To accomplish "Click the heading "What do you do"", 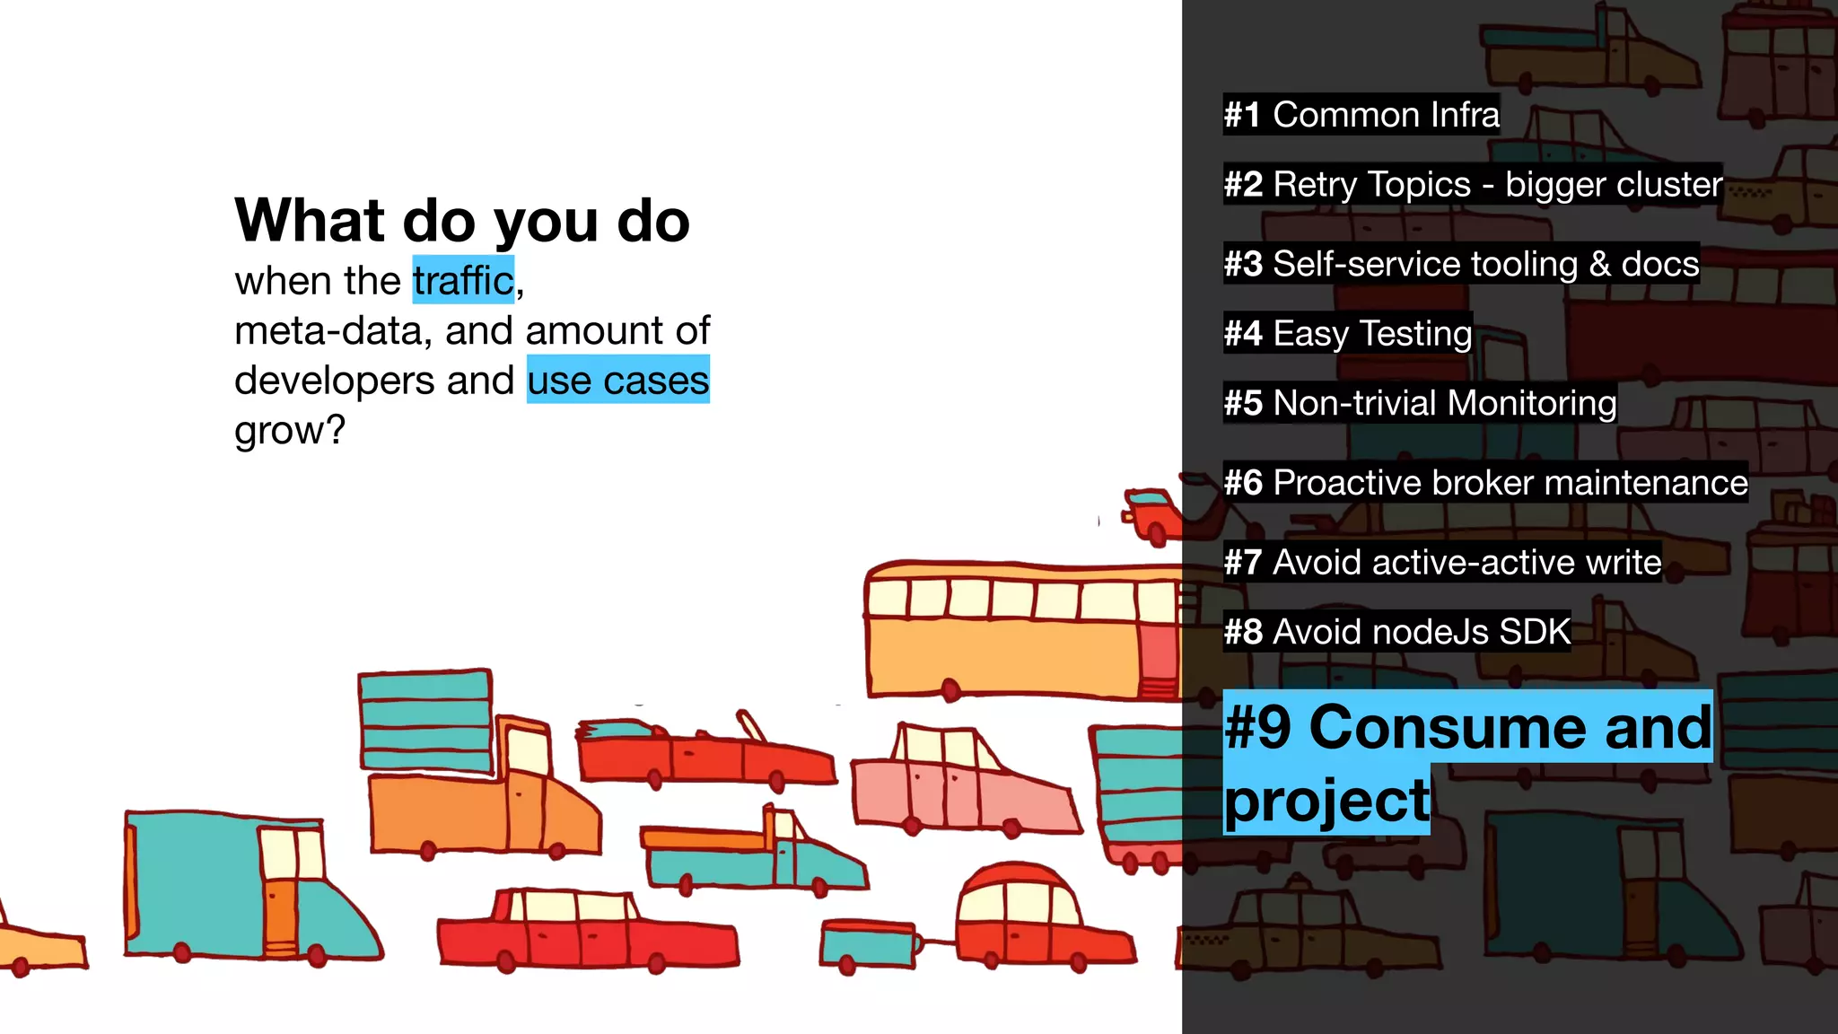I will click(x=462, y=221).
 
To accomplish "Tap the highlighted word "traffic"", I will click(x=463, y=281).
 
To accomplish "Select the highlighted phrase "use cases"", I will click(x=617, y=381).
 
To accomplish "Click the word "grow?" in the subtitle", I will click(x=290, y=431).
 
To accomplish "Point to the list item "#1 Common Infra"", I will click(x=1361, y=115).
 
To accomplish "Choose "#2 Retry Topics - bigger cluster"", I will click(x=1472, y=185).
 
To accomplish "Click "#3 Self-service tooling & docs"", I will click(x=1461, y=264).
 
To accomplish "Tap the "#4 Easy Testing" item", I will click(x=1347, y=334).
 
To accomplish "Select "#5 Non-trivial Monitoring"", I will click(x=1420, y=404).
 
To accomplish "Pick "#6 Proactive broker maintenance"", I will click(x=1485, y=483).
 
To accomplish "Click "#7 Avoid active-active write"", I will click(x=1442, y=563).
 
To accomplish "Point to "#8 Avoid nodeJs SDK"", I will click(x=1396, y=632).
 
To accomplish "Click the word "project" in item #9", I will click(x=1326, y=801).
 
